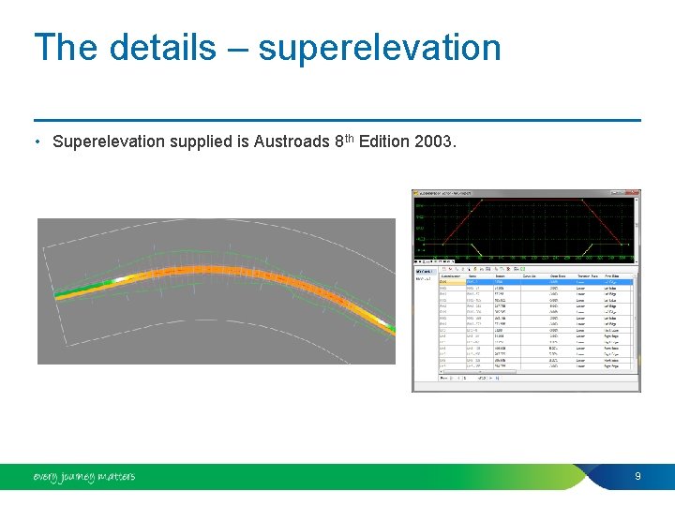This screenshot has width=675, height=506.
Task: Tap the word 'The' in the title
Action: [x=65, y=47]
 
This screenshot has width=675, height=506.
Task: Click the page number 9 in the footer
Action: [x=637, y=476]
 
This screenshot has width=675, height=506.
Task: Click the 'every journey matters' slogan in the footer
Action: [x=83, y=477]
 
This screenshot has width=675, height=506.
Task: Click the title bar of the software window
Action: [x=525, y=193]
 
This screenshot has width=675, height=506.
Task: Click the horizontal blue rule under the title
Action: [x=337, y=120]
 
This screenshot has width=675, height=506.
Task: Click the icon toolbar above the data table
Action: [x=487, y=268]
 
